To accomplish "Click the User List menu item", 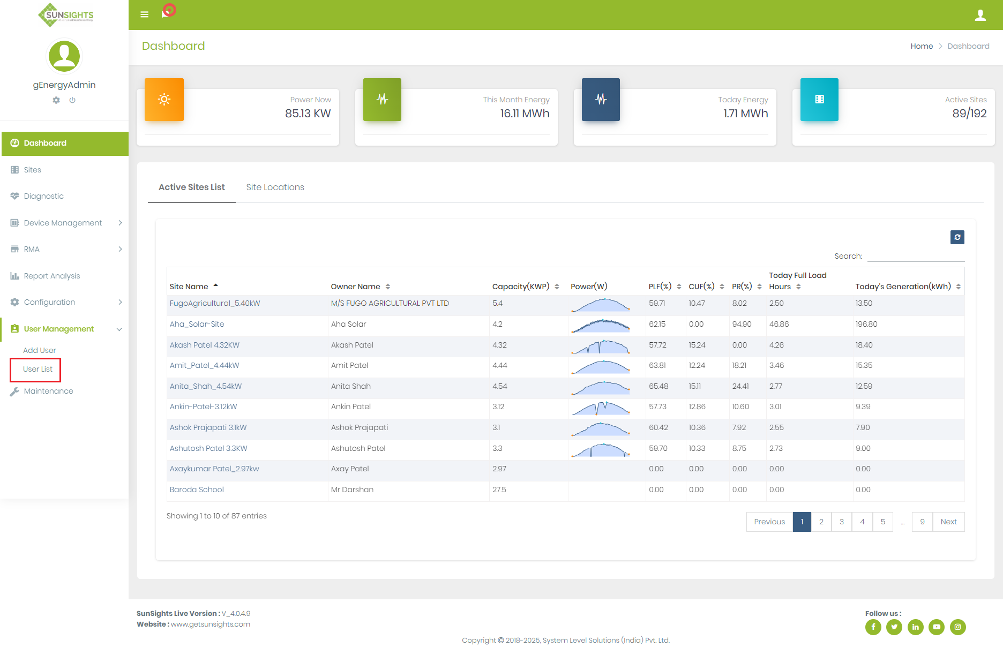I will coord(38,369).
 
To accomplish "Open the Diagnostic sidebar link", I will coord(43,196).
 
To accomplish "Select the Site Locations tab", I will coord(275,187).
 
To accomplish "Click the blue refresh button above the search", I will coord(957,237).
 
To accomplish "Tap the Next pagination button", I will coord(948,522).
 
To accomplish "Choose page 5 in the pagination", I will coord(882,522).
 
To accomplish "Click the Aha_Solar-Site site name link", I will coord(197,324).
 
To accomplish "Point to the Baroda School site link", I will coord(197,490).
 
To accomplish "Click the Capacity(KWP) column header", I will coord(521,287).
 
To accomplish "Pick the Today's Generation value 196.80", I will coord(866,324).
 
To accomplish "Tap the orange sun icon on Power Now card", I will coord(164,99).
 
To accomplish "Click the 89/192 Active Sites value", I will coord(969,114).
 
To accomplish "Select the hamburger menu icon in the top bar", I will coord(144,14).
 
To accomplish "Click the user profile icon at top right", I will coord(980,15).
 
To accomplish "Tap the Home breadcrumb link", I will coord(922,46).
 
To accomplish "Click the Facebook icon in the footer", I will coord(873,627).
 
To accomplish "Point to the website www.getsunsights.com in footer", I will coord(210,624).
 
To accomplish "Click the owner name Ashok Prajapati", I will coord(359,427).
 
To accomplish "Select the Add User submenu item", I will coord(39,350).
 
